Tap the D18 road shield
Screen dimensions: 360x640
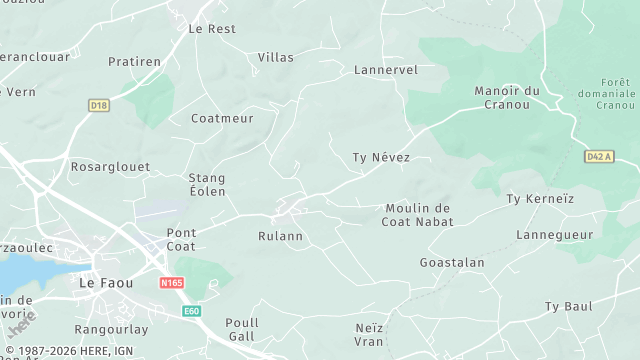pos(98,104)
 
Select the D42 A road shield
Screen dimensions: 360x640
pos(598,156)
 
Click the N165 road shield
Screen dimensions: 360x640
pos(171,284)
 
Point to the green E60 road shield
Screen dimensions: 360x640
pos(192,312)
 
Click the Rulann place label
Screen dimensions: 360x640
pos(281,237)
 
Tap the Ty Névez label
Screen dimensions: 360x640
pos(382,158)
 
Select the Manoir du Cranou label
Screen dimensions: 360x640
pos(506,97)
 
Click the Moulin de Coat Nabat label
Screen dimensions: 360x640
pos(418,215)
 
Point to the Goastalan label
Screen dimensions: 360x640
pos(452,262)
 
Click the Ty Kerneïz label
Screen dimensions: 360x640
pos(541,199)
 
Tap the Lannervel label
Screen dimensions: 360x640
pos(386,70)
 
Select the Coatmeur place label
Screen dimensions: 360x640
pos(222,118)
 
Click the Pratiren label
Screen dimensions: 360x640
pos(134,62)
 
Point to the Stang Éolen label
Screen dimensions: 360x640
pos(207,184)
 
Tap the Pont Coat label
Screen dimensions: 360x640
pos(181,239)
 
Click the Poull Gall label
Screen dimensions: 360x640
pos(242,329)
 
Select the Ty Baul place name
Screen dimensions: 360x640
pos(568,306)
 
